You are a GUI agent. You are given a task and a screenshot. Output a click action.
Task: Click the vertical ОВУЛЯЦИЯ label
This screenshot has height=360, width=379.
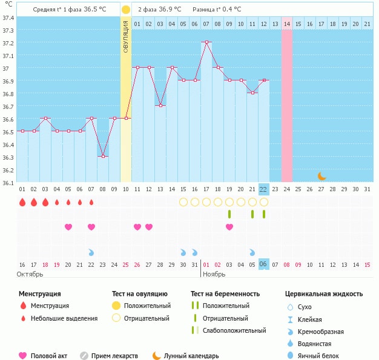tap(125, 36)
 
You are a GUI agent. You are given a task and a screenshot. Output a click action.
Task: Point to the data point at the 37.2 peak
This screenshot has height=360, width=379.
tap(206, 42)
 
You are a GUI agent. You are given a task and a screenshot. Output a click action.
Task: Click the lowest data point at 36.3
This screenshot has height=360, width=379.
tap(103, 156)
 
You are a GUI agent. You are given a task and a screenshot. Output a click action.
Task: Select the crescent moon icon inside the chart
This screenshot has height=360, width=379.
tap(321, 176)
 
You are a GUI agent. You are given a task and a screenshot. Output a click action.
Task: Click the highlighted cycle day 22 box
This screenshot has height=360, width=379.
tap(263, 189)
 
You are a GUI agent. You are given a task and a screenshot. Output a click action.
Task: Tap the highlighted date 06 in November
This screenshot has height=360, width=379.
tap(263, 264)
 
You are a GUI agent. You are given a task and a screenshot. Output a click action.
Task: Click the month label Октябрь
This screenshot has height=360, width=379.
tap(30, 274)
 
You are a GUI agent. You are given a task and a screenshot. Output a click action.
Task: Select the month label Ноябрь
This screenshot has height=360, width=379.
tap(213, 274)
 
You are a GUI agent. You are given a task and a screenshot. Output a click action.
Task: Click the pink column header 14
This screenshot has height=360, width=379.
tap(286, 24)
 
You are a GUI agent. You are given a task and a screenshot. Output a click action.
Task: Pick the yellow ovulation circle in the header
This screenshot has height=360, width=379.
tap(125, 10)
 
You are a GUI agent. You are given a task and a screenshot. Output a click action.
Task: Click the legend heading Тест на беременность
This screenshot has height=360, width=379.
tap(225, 294)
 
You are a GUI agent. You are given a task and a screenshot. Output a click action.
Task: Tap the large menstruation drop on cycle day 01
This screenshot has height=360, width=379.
tap(22, 202)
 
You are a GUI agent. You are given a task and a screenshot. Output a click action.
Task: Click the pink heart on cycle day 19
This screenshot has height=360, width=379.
tap(229, 227)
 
